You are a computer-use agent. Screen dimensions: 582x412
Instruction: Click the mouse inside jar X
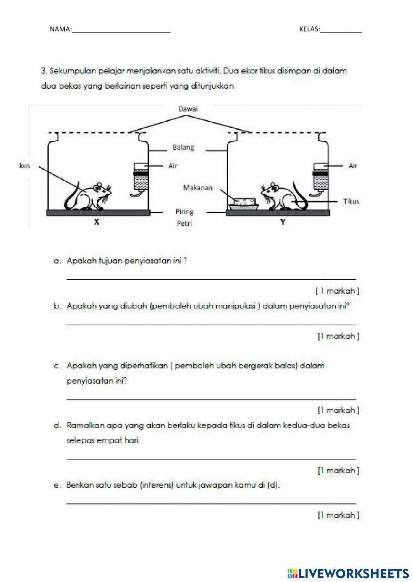[x=89, y=196]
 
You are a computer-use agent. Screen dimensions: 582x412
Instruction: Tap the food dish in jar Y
[x=242, y=202]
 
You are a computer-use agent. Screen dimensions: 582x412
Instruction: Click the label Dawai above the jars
[x=187, y=109]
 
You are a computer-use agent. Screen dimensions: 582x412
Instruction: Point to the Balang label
[x=183, y=147]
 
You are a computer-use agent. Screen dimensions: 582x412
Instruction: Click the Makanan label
[x=198, y=188]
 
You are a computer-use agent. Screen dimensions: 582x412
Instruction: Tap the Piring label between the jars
[x=184, y=212]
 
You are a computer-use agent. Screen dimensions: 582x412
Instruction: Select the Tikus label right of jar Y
[x=351, y=201]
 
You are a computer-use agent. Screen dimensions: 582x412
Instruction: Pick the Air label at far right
[x=353, y=166]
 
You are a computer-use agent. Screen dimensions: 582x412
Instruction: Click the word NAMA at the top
[x=60, y=29]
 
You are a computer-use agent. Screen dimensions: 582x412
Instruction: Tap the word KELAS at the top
[x=309, y=29]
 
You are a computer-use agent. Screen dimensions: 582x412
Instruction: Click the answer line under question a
[x=211, y=279]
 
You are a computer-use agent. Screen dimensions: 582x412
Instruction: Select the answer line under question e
[x=211, y=503]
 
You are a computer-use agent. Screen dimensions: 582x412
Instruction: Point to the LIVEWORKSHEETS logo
[x=348, y=573]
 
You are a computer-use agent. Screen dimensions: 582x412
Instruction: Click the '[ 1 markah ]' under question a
[x=337, y=291]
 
